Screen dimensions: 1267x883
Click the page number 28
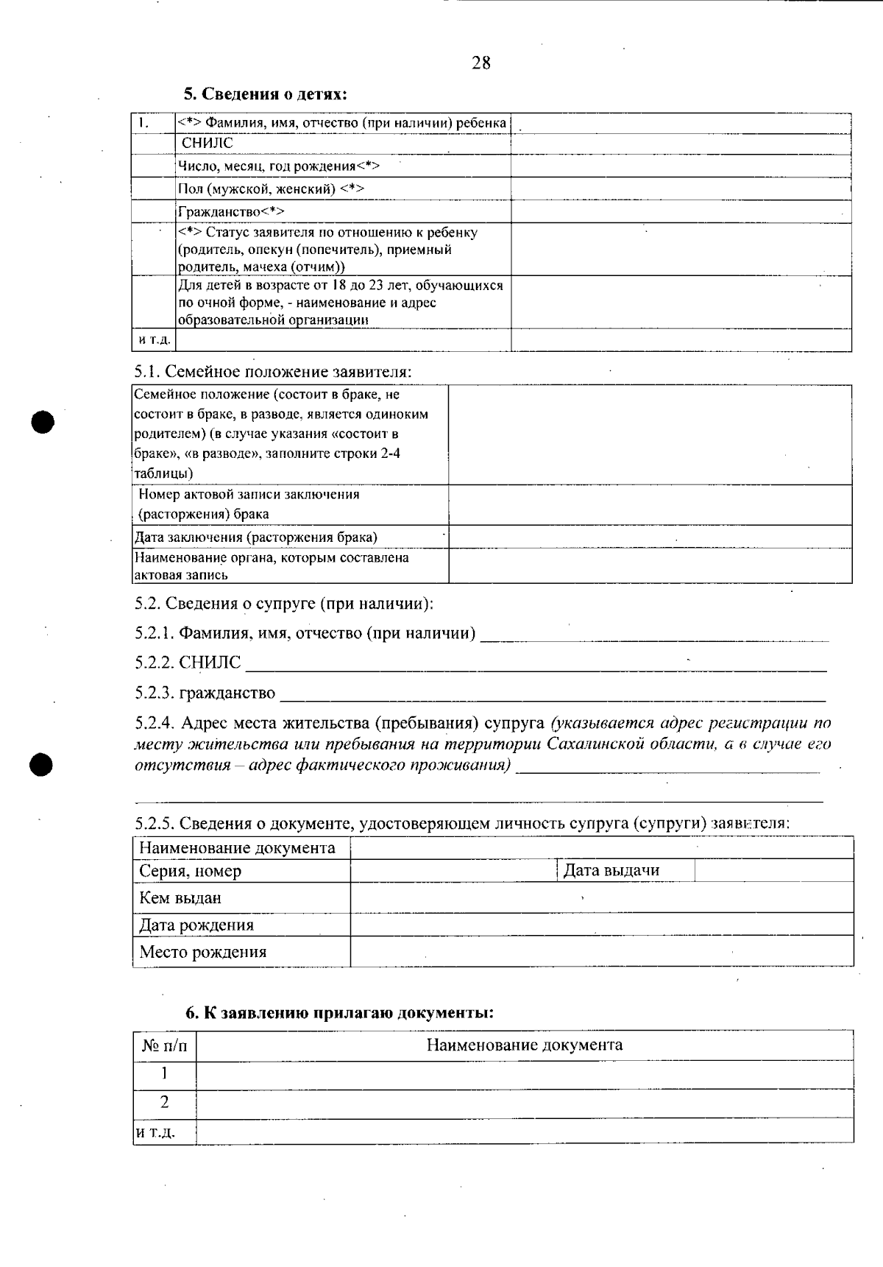pyautogui.click(x=480, y=63)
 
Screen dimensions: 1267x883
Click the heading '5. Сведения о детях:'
pyautogui.click(x=265, y=94)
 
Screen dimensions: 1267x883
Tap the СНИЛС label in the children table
pyautogui.click(x=207, y=144)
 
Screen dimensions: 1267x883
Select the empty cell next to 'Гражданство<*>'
pyautogui.click(x=681, y=212)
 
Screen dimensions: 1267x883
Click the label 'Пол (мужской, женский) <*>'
pyautogui.click(x=271, y=189)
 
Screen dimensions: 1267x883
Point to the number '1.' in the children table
pyautogui.click(x=143, y=123)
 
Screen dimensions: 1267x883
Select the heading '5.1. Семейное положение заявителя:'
pyautogui.click(x=272, y=372)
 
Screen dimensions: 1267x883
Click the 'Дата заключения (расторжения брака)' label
pyautogui.click(x=255, y=537)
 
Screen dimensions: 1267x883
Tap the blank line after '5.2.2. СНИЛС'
pyautogui.click(x=536, y=664)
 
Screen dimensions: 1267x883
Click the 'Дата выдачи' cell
pyautogui.click(x=611, y=870)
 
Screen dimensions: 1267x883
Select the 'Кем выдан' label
pyautogui.click(x=180, y=898)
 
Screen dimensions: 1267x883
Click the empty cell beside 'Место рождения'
pyautogui.click(x=601, y=952)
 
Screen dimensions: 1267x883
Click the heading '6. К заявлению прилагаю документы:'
pyautogui.click(x=339, y=1012)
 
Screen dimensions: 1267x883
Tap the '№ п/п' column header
pyautogui.click(x=164, y=1045)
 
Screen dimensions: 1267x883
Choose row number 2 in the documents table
pyautogui.click(x=164, y=1102)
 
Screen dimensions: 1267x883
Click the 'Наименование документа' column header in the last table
pyautogui.click(x=524, y=1045)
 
